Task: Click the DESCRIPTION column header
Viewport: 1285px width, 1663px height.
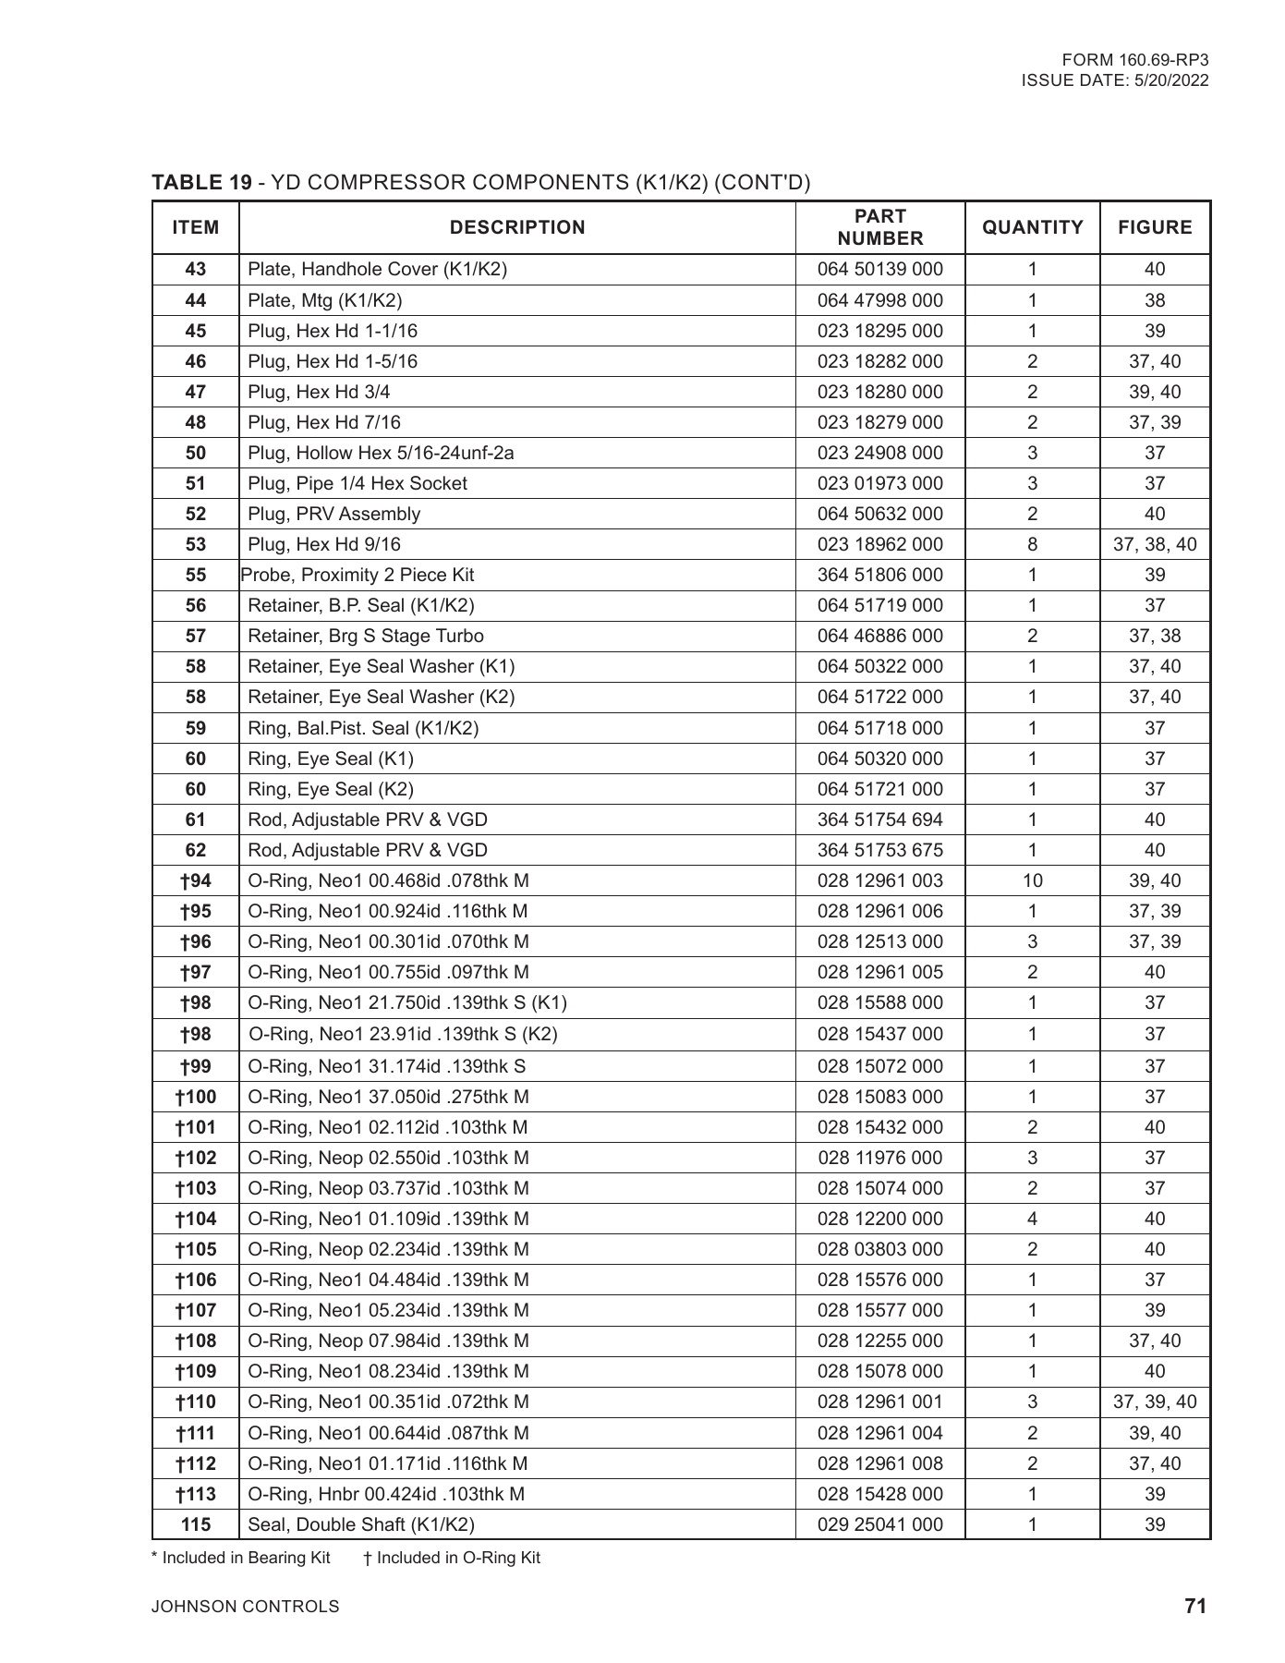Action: click(517, 227)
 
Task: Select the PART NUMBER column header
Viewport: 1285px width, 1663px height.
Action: click(879, 227)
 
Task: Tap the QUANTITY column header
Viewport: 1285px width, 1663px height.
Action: click(1032, 227)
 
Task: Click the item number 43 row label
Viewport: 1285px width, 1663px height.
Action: click(196, 269)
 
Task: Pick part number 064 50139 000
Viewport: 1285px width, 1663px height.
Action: click(879, 269)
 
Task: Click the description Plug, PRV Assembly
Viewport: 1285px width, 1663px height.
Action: click(333, 514)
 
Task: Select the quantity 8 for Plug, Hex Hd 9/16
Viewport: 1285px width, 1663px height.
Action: click(1032, 544)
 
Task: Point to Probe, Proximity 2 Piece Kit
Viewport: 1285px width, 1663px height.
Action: click(358, 575)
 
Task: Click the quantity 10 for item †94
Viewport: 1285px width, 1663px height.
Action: click(1032, 880)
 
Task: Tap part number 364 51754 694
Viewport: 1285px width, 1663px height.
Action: click(879, 819)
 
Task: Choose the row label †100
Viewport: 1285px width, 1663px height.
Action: click(196, 1097)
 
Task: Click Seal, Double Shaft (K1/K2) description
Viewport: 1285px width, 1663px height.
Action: click(361, 1524)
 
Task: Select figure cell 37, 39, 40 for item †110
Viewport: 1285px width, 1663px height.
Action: click(1154, 1402)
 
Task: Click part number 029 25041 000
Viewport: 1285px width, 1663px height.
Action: click(879, 1524)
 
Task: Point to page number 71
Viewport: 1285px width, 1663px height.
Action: click(1194, 1606)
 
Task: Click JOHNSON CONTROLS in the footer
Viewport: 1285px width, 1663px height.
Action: click(245, 1607)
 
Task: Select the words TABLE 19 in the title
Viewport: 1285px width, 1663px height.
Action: click(201, 182)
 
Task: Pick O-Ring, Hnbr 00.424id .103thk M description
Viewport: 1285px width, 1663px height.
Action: click(386, 1494)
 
